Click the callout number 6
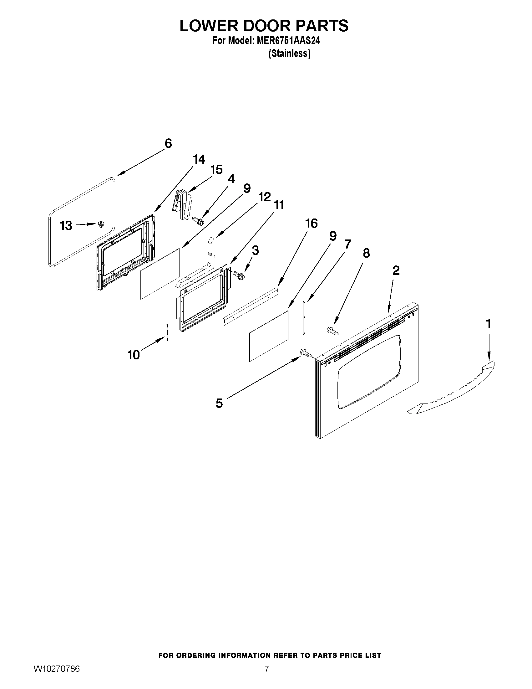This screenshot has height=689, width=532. coord(168,144)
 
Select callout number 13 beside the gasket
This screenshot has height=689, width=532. coord(66,226)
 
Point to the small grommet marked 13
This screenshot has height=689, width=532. coord(101,224)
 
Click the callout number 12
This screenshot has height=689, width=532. coord(264,197)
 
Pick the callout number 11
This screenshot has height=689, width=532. coord(279,205)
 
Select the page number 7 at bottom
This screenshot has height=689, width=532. coord(267,669)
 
